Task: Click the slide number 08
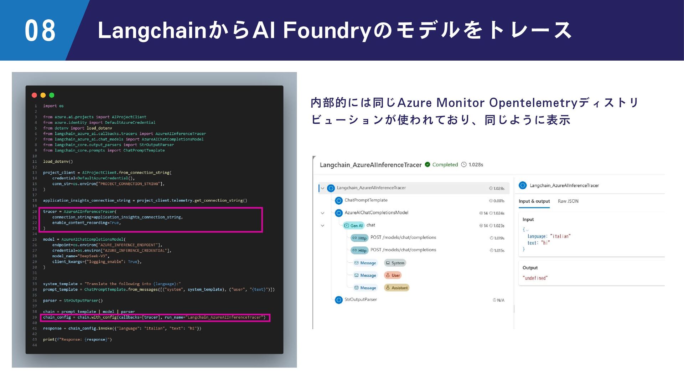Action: tap(40, 31)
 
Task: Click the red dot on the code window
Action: tap(35, 95)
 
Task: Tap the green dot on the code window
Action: tap(52, 95)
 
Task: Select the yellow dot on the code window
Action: tap(43, 95)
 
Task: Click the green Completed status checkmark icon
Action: tap(427, 165)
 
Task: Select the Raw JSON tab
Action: tap(568, 201)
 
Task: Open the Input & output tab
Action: tap(534, 201)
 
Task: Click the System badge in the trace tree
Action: tap(395, 263)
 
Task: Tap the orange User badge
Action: tap(393, 276)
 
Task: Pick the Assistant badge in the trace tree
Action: tap(397, 288)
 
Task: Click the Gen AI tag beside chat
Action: tap(353, 226)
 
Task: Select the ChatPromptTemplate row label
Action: tap(366, 200)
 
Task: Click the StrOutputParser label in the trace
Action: tap(361, 300)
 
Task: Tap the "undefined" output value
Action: tap(535, 278)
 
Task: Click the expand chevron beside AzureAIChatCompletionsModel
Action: tap(322, 213)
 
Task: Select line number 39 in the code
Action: tap(35, 318)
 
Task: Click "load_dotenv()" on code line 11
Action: tap(58, 162)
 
